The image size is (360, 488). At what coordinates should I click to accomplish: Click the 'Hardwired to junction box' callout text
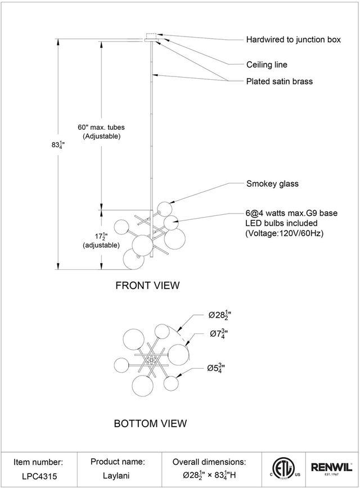pos(294,39)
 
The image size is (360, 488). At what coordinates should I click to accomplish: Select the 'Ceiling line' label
pos(267,65)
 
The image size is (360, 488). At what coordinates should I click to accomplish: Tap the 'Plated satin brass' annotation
pos(280,82)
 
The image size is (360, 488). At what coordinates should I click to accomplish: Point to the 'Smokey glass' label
pos(272,184)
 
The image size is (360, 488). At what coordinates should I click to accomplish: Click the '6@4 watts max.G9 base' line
pos(291,213)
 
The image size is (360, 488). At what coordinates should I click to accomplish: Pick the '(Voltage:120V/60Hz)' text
pos(284,233)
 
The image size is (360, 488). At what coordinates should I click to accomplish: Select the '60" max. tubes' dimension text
pos(101,127)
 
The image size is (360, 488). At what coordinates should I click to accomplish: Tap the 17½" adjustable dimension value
pos(101,237)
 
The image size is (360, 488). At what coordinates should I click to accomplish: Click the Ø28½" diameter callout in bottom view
pos(220,315)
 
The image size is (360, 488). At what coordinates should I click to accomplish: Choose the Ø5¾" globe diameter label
pos(216,368)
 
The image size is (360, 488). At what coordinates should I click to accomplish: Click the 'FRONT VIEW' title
pos(147,286)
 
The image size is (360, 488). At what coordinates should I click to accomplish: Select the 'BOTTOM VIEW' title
pos(150,423)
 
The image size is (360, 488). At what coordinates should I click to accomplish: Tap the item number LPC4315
pos(39,476)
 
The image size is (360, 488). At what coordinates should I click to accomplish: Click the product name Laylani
pos(116,476)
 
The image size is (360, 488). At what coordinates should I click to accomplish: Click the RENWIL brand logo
pos(332,468)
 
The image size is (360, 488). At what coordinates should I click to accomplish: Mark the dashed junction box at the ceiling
pos(151,36)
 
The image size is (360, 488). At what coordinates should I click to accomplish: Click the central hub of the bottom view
pos(151,360)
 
